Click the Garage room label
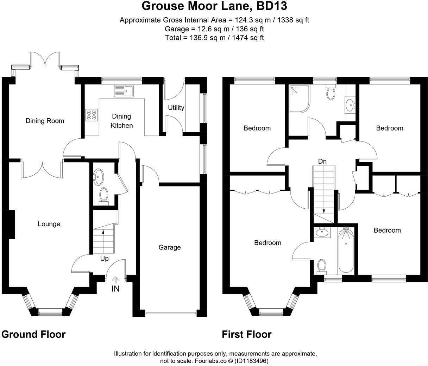pos(169,247)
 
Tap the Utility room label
pos(176,108)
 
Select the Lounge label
pos(49,224)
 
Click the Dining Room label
pos(45,121)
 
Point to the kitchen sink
pos(123,91)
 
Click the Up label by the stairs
pos(104,259)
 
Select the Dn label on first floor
pos(322,162)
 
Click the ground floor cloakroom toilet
pos(103,195)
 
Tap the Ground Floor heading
pos(33,334)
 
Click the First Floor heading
pos(246,334)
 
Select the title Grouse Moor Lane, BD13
pos(214,6)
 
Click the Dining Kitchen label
pos(122,121)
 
